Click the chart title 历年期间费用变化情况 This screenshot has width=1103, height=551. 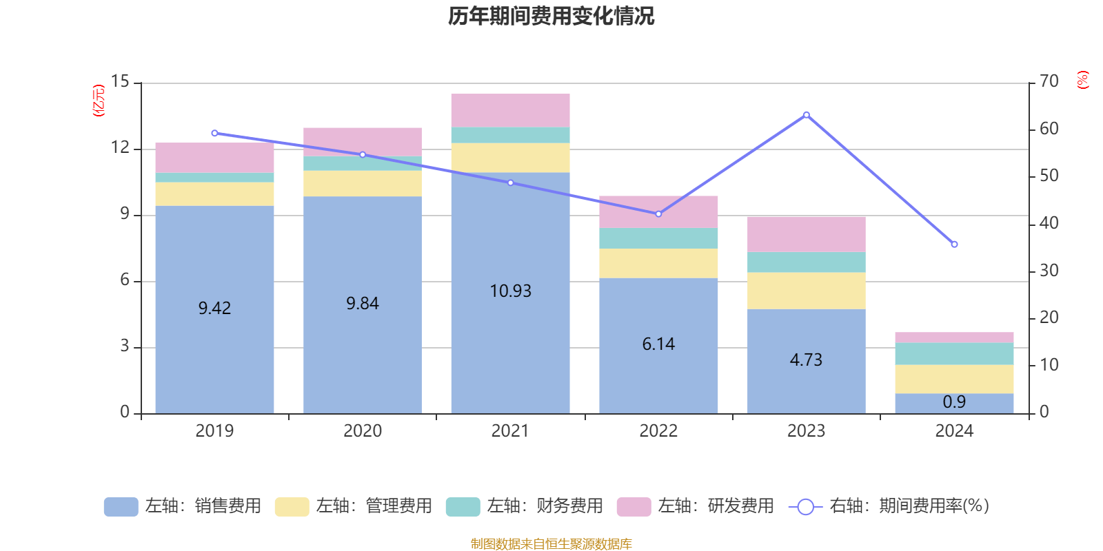[x=551, y=16]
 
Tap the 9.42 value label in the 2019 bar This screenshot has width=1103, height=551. [x=214, y=308]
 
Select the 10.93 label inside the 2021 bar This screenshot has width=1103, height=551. [x=510, y=291]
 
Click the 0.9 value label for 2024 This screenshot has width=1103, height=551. [x=954, y=402]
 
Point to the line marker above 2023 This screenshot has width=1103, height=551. [x=806, y=115]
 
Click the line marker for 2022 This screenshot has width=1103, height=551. [x=658, y=214]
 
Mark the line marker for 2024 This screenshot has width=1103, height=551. [x=954, y=245]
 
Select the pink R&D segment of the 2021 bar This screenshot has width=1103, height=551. [x=510, y=110]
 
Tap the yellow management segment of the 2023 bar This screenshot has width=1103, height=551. [x=806, y=291]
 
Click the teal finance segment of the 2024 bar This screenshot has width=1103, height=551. [x=954, y=354]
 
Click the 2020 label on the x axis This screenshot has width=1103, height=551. [x=363, y=431]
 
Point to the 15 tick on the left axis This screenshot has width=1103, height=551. [x=120, y=82]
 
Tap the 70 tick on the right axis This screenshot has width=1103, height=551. [x=1049, y=81]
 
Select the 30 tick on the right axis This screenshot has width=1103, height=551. [x=1049, y=271]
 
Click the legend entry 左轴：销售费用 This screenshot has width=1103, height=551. [x=183, y=506]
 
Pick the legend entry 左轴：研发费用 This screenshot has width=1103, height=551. [x=696, y=506]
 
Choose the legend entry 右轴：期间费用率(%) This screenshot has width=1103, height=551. [x=889, y=506]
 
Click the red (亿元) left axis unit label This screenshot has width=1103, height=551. [x=99, y=101]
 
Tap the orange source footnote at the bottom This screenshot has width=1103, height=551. [x=551, y=544]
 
